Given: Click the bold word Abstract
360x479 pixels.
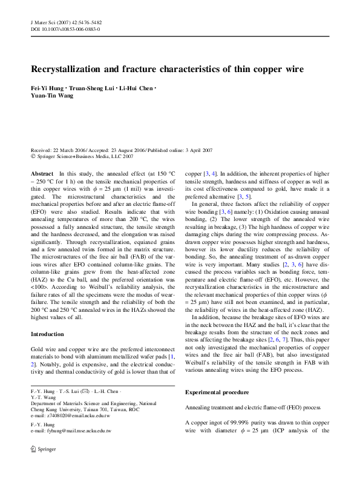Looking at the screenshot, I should tap(42, 174).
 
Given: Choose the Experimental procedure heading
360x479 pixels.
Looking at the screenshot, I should tap(218, 392).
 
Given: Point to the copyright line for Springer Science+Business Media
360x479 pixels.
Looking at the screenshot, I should tap(82, 155).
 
